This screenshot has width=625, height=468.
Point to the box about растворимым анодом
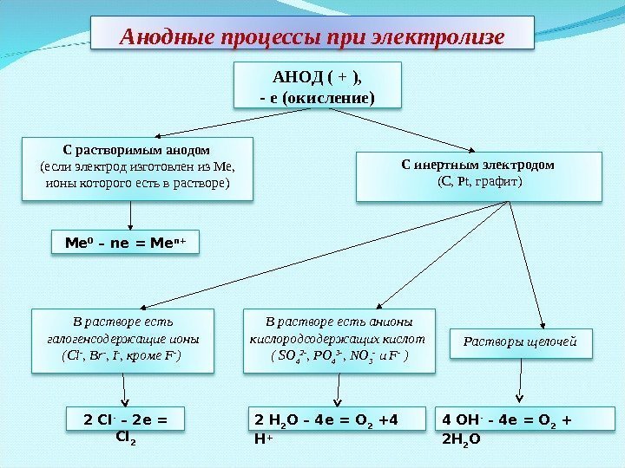coord(137,168)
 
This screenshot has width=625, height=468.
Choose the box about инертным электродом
coord(478,176)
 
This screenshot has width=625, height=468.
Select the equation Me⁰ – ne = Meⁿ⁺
coord(126,243)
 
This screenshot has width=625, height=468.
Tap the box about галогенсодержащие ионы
coord(122,340)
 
